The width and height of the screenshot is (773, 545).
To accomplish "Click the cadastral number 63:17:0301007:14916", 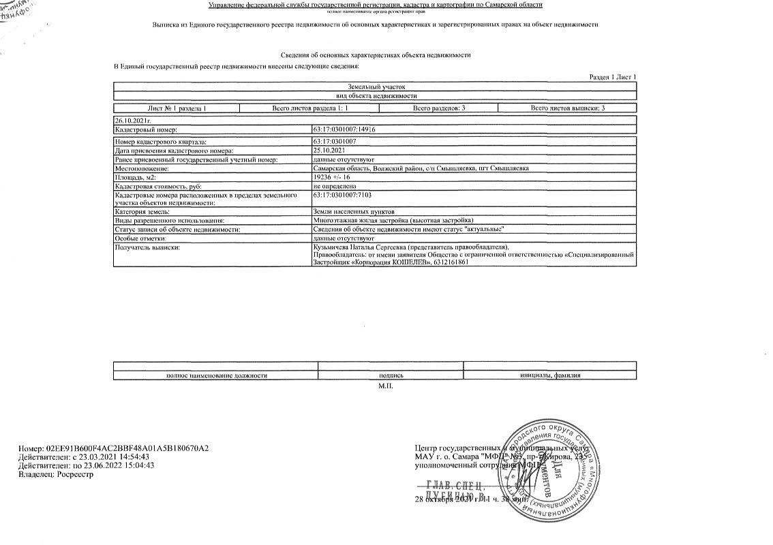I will [x=344, y=129].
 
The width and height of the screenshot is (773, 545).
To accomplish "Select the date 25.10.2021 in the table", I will [x=329, y=150].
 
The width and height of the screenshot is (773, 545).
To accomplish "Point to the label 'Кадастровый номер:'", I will [x=146, y=129].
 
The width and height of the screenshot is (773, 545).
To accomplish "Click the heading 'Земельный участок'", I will [x=376, y=87].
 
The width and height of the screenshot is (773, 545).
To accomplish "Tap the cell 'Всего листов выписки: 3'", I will [x=567, y=108].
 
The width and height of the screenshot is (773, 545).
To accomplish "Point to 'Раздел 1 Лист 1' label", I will [x=612, y=77].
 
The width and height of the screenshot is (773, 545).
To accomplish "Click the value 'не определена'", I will [x=334, y=186].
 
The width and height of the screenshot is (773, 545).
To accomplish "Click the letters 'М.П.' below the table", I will [x=386, y=386].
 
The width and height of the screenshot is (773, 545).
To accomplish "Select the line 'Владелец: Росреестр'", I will [x=56, y=474].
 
